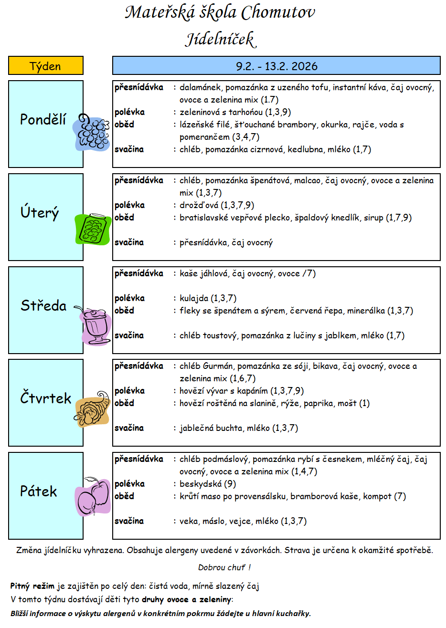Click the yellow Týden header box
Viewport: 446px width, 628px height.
click(46, 66)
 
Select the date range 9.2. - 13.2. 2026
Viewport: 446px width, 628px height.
click(276, 66)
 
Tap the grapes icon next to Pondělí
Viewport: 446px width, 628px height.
click(92, 132)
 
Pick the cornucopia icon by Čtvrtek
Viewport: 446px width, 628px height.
click(92, 409)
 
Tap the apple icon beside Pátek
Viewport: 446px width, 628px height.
click(94, 496)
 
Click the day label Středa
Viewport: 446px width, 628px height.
click(43, 305)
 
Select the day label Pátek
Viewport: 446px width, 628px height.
click(38, 491)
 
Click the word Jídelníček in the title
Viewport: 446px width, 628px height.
click(221, 39)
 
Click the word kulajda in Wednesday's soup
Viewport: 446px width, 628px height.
click(194, 298)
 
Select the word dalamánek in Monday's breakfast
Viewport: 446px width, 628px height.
click(200, 87)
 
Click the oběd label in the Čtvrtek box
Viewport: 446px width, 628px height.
click(124, 403)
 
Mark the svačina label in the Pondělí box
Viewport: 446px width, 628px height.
click(129, 149)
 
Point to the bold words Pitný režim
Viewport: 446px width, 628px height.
click(32, 586)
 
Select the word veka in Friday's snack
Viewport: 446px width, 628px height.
click(189, 521)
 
